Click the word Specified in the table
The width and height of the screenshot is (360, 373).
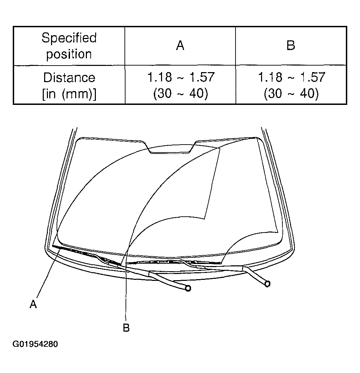69,38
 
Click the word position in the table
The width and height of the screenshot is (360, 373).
69,54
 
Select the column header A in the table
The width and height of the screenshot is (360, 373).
180,46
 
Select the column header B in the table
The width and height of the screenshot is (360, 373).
291,45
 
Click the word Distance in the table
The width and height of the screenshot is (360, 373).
69,78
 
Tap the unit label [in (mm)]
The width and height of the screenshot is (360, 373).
69,94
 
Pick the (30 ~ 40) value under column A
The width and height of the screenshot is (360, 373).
181,93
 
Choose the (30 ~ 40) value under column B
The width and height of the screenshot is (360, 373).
291,93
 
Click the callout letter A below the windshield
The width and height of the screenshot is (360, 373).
33,304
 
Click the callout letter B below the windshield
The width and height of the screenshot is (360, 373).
126,327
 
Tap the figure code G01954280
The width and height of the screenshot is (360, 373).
35,344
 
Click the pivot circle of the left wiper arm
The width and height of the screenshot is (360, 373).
188,288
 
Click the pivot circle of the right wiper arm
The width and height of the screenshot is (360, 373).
267,284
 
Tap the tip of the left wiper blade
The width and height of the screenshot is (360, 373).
53,246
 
